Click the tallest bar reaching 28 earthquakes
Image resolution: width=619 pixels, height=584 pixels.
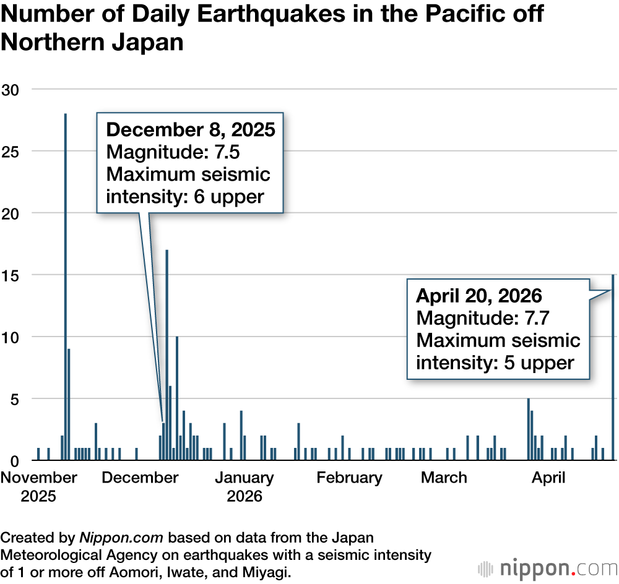click(x=65, y=285)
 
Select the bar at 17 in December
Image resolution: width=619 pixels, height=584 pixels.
click(x=167, y=353)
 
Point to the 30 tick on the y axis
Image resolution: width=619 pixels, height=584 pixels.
click(x=11, y=90)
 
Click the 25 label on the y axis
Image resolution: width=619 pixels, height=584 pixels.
click(x=11, y=152)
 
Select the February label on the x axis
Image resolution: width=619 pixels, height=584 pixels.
click(x=349, y=478)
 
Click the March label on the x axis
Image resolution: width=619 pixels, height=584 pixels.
click(x=444, y=478)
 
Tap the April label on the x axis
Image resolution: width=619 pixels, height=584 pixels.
click(x=549, y=478)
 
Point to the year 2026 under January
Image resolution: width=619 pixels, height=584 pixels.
click(x=245, y=496)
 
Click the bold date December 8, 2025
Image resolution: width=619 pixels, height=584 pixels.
click(x=191, y=130)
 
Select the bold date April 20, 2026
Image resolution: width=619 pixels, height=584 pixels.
click(x=479, y=296)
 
